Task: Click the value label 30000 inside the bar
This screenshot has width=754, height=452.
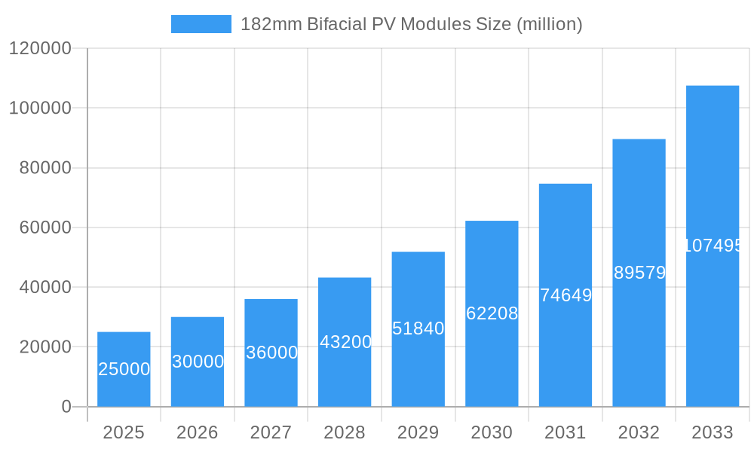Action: click(x=198, y=362)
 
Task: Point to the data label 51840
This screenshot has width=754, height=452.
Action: click(x=418, y=328)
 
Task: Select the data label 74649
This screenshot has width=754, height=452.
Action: click(x=565, y=295)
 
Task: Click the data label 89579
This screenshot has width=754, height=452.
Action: click(x=639, y=273)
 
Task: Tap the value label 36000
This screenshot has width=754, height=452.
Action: click(x=271, y=353)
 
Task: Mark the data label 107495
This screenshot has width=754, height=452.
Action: click(x=713, y=246)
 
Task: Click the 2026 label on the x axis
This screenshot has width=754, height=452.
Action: click(x=198, y=432)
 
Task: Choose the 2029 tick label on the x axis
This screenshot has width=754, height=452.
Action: click(x=418, y=432)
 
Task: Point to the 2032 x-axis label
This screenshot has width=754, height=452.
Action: click(x=639, y=432)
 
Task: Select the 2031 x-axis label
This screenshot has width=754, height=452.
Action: click(x=565, y=432)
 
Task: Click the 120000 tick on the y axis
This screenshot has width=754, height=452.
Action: click(x=40, y=49)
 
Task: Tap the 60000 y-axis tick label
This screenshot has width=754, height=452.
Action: click(x=45, y=228)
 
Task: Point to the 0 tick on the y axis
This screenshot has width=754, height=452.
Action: click(x=66, y=407)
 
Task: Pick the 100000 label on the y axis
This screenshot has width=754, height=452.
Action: click(x=40, y=108)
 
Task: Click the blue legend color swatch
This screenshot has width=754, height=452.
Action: click(x=201, y=24)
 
